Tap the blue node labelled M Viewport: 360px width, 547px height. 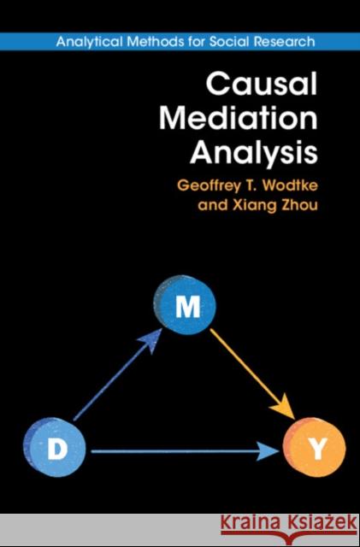coord(181,309)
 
